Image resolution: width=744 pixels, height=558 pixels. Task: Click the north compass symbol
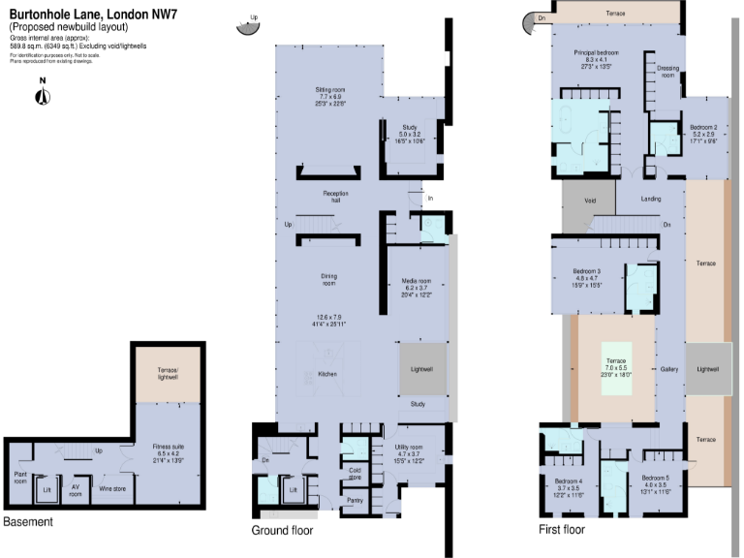click(x=42, y=94)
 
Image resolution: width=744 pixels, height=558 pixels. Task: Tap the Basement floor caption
click(x=28, y=522)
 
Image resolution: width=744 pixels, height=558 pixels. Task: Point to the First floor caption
click(x=562, y=530)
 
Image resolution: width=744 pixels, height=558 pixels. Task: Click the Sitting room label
click(x=329, y=90)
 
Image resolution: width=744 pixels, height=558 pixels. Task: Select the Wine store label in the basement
click(x=112, y=488)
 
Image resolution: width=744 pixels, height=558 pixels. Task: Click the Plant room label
click(x=20, y=478)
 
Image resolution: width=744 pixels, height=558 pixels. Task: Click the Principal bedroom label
click(x=596, y=52)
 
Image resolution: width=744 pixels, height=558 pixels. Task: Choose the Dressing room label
click(x=666, y=72)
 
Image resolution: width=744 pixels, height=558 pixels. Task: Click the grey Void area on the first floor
click(x=590, y=200)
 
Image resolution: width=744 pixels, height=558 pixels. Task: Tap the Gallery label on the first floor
click(x=668, y=369)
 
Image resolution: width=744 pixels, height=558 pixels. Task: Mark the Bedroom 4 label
click(x=568, y=481)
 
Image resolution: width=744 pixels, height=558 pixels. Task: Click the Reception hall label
click(x=336, y=197)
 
